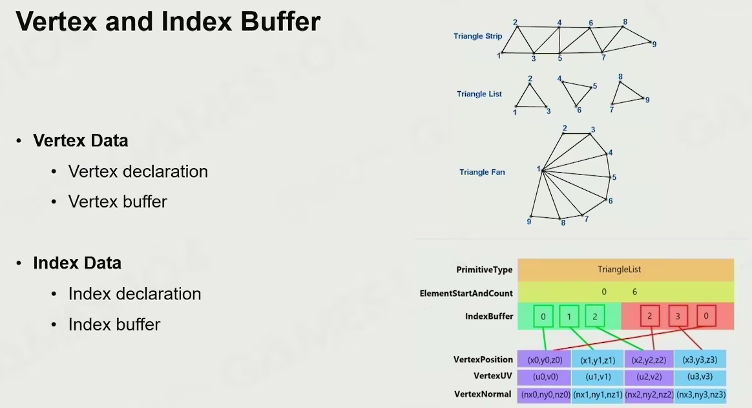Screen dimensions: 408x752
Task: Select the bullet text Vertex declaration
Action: (138, 171)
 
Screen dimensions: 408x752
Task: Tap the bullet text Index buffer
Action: (114, 324)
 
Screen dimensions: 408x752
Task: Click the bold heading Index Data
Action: (77, 263)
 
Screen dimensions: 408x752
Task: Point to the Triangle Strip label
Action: (477, 36)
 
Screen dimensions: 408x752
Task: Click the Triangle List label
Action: (479, 94)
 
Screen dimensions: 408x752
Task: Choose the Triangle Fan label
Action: (482, 173)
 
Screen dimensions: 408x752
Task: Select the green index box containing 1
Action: (569, 316)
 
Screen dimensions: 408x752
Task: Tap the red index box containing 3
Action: (678, 316)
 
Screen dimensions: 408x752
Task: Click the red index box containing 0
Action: (706, 316)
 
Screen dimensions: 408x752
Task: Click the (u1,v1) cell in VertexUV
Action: (597, 377)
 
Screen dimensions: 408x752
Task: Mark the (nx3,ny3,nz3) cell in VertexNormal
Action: (700, 394)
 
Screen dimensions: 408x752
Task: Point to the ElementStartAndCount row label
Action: (466, 293)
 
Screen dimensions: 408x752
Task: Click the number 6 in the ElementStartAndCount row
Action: (634, 292)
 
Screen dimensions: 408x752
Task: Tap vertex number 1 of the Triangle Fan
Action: (538, 169)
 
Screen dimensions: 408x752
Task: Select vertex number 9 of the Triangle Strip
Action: (654, 44)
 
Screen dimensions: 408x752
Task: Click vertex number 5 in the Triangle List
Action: (594, 86)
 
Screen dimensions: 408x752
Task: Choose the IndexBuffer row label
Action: (488, 316)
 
